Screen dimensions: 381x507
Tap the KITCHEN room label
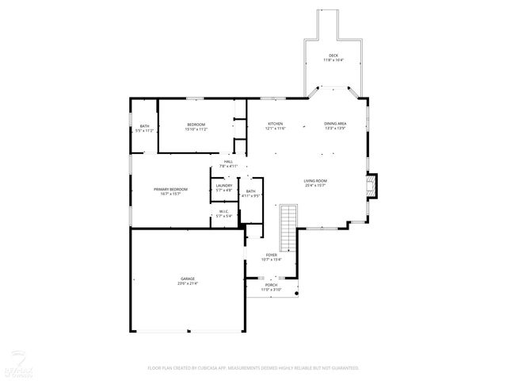(x=275, y=123)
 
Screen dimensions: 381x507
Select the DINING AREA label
(x=335, y=123)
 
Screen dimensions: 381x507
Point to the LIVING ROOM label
(x=315, y=181)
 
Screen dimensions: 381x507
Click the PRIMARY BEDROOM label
(x=170, y=189)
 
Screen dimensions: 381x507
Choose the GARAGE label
(x=187, y=279)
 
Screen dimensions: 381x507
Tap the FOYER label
(x=272, y=255)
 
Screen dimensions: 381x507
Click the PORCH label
(x=271, y=285)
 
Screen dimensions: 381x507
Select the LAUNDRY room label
(x=223, y=186)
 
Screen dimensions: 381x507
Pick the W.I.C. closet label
(x=224, y=211)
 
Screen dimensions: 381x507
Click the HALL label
(x=228, y=162)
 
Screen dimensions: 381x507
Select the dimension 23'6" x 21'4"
(x=187, y=283)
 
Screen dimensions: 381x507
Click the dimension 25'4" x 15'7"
(x=315, y=186)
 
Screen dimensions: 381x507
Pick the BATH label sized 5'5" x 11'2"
(x=144, y=125)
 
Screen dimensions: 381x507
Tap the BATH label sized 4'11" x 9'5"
(x=250, y=191)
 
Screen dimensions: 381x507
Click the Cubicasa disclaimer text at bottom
(x=253, y=368)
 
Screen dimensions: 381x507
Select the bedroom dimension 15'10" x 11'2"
(x=196, y=129)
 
